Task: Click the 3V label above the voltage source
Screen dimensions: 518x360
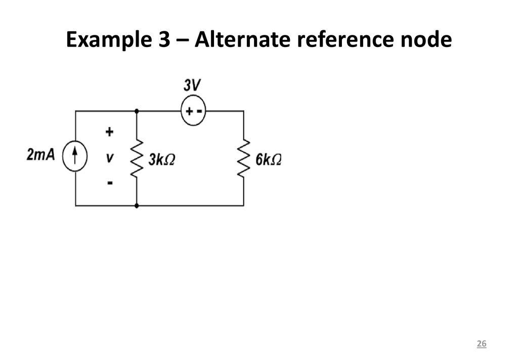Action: click(x=192, y=85)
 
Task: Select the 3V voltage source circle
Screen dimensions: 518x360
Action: click(x=193, y=110)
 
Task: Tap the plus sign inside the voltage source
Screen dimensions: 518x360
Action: click(x=189, y=111)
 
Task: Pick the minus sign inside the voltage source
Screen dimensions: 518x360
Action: click(x=199, y=111)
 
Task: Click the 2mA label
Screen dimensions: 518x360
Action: click(x=40, y=155)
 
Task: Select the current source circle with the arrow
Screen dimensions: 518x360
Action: click(x=75, y=156)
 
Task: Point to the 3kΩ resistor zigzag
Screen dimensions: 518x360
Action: click(x=137, y=158)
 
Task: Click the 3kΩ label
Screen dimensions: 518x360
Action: click(x=161, y=160)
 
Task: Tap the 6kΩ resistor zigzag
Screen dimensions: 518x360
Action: click(x=244, y=158)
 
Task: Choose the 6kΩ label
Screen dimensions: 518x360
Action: click(x=269, y=160)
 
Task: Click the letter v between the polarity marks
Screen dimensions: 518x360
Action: click(x=110, y=158)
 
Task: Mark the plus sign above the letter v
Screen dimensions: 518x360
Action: click(x=109, y=132)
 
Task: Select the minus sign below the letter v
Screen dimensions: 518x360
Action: click(x=110, y=183)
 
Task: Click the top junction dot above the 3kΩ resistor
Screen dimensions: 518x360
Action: click(x=137, y=111)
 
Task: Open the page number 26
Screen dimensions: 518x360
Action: click(x=482, y=343)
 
